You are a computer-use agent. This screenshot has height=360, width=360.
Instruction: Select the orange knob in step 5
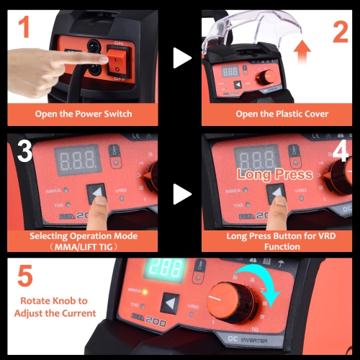231,305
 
